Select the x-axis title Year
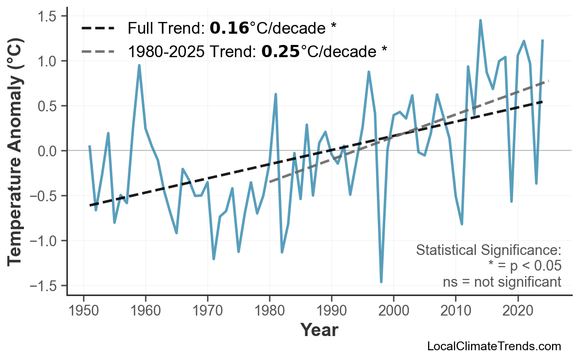point(319,330)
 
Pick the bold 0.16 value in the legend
point(229,28)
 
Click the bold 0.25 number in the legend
point(280,51)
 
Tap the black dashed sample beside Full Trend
point(98,28)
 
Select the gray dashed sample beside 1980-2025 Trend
point(98,51)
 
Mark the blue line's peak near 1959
point(139,65)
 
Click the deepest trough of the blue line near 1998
point(381,282)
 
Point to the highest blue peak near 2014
point(480,20)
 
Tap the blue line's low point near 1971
point(214,259)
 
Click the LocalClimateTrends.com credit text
point(494,346)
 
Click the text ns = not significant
point(502,282)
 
